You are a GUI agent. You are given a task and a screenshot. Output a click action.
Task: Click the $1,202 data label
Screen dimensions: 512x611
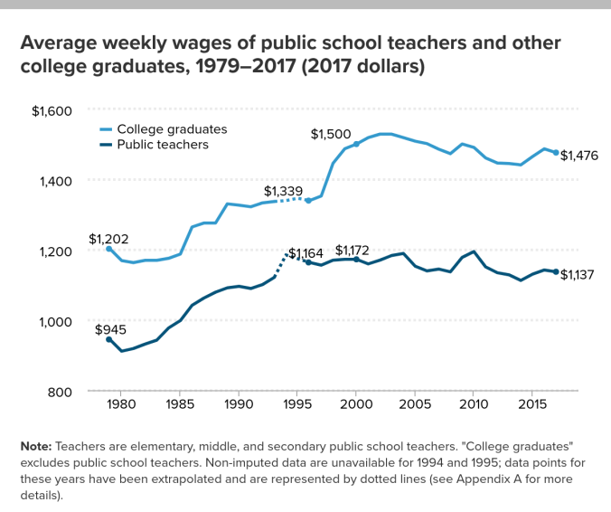(108, 239)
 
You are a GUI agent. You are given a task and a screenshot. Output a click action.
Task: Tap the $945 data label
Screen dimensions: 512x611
(112, 329)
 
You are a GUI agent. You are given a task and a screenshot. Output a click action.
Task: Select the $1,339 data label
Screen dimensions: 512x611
(284, 191)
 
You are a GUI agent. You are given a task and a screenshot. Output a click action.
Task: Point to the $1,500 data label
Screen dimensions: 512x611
(331, 135)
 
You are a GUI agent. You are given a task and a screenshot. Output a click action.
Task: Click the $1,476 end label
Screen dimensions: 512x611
(579, 155)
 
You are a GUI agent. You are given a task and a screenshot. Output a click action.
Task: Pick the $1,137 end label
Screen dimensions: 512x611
(579, 275)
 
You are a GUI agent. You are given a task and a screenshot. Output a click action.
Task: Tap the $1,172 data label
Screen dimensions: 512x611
(353, 250)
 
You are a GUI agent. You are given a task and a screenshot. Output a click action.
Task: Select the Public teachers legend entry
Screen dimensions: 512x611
(163, 144)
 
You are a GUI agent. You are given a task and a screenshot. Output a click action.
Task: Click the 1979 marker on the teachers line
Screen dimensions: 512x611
(109, 339)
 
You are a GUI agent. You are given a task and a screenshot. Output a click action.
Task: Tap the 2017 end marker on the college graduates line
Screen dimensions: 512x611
(556, 153)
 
